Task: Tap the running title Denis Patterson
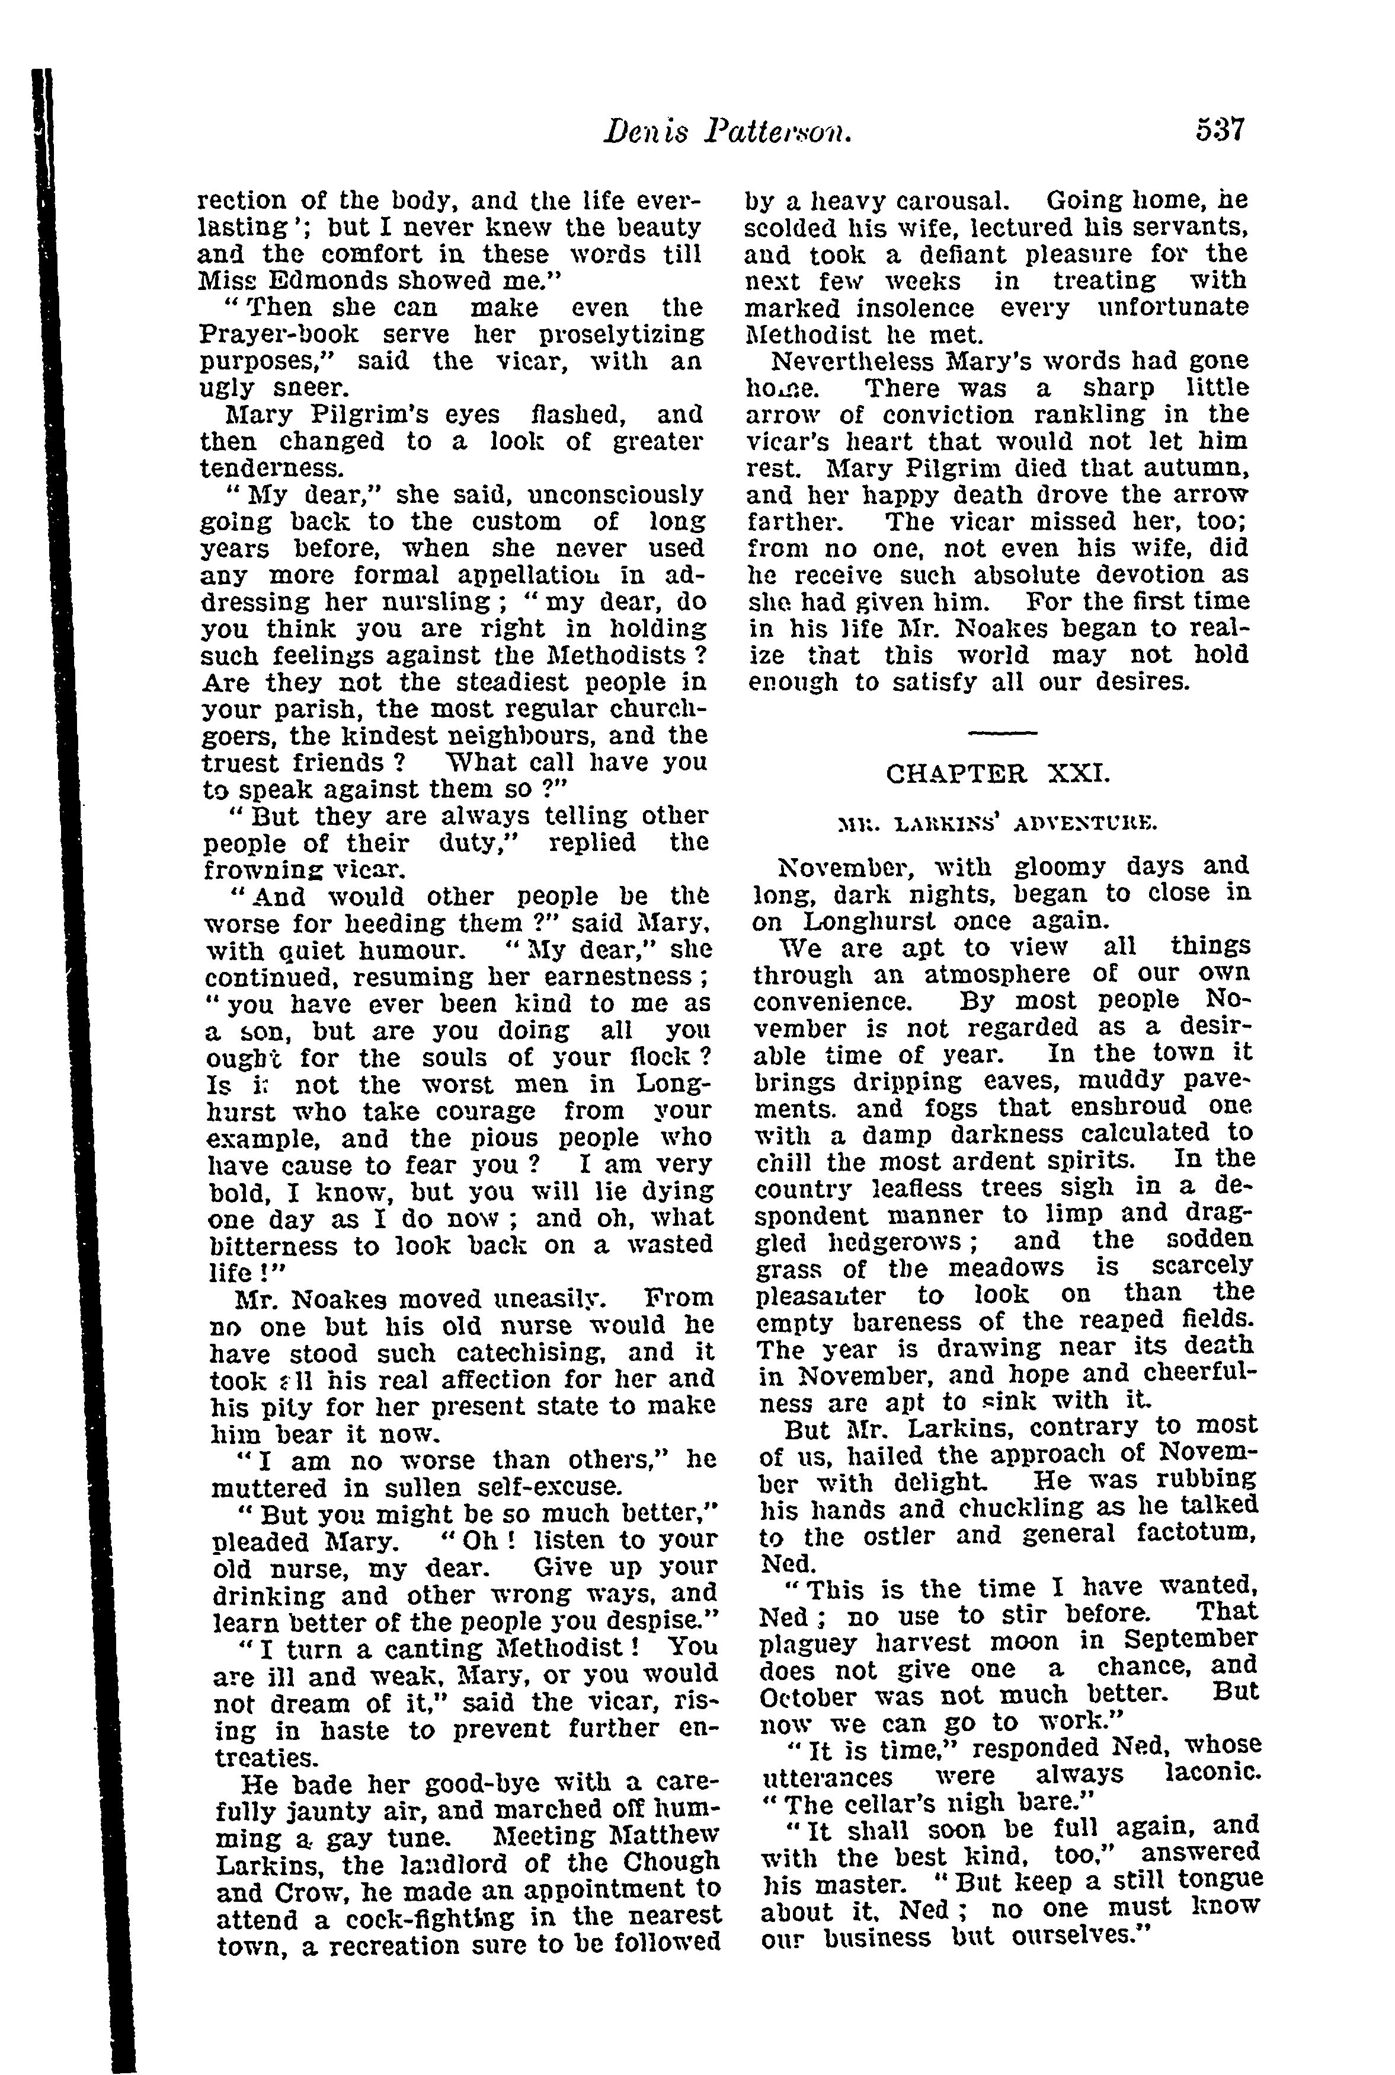coord(727,133)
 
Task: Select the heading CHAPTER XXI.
coord(998,773)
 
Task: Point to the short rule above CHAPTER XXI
coord(1001,732)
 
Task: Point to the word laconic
coord(1214,1773)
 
